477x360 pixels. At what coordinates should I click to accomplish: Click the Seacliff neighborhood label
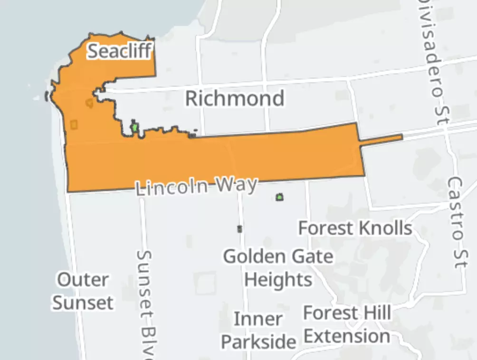click(121, 51)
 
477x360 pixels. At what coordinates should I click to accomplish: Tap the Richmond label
click(235, 99)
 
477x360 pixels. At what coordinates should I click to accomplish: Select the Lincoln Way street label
click(197, 186)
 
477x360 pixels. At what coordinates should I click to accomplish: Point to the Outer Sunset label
click(83, 291)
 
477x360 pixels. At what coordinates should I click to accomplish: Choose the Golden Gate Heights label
click(278, 268)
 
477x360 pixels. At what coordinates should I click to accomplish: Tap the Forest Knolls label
click(355, 228)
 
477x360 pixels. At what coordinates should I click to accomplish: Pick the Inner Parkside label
click(258, 330)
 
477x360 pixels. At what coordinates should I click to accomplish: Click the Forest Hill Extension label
click(347, 325)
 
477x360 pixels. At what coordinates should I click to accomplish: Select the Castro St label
click(455, 222)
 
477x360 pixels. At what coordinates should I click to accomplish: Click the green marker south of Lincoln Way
click(279, 197)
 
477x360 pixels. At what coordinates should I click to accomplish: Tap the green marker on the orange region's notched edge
click(135, 127)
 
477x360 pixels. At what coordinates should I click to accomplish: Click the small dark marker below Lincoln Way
click(239, 229)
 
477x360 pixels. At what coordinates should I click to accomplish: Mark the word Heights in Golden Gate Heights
click(278, 279)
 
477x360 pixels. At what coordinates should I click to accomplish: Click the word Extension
click(347, 336)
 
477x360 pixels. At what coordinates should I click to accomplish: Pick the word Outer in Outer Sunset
click(83, 279)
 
